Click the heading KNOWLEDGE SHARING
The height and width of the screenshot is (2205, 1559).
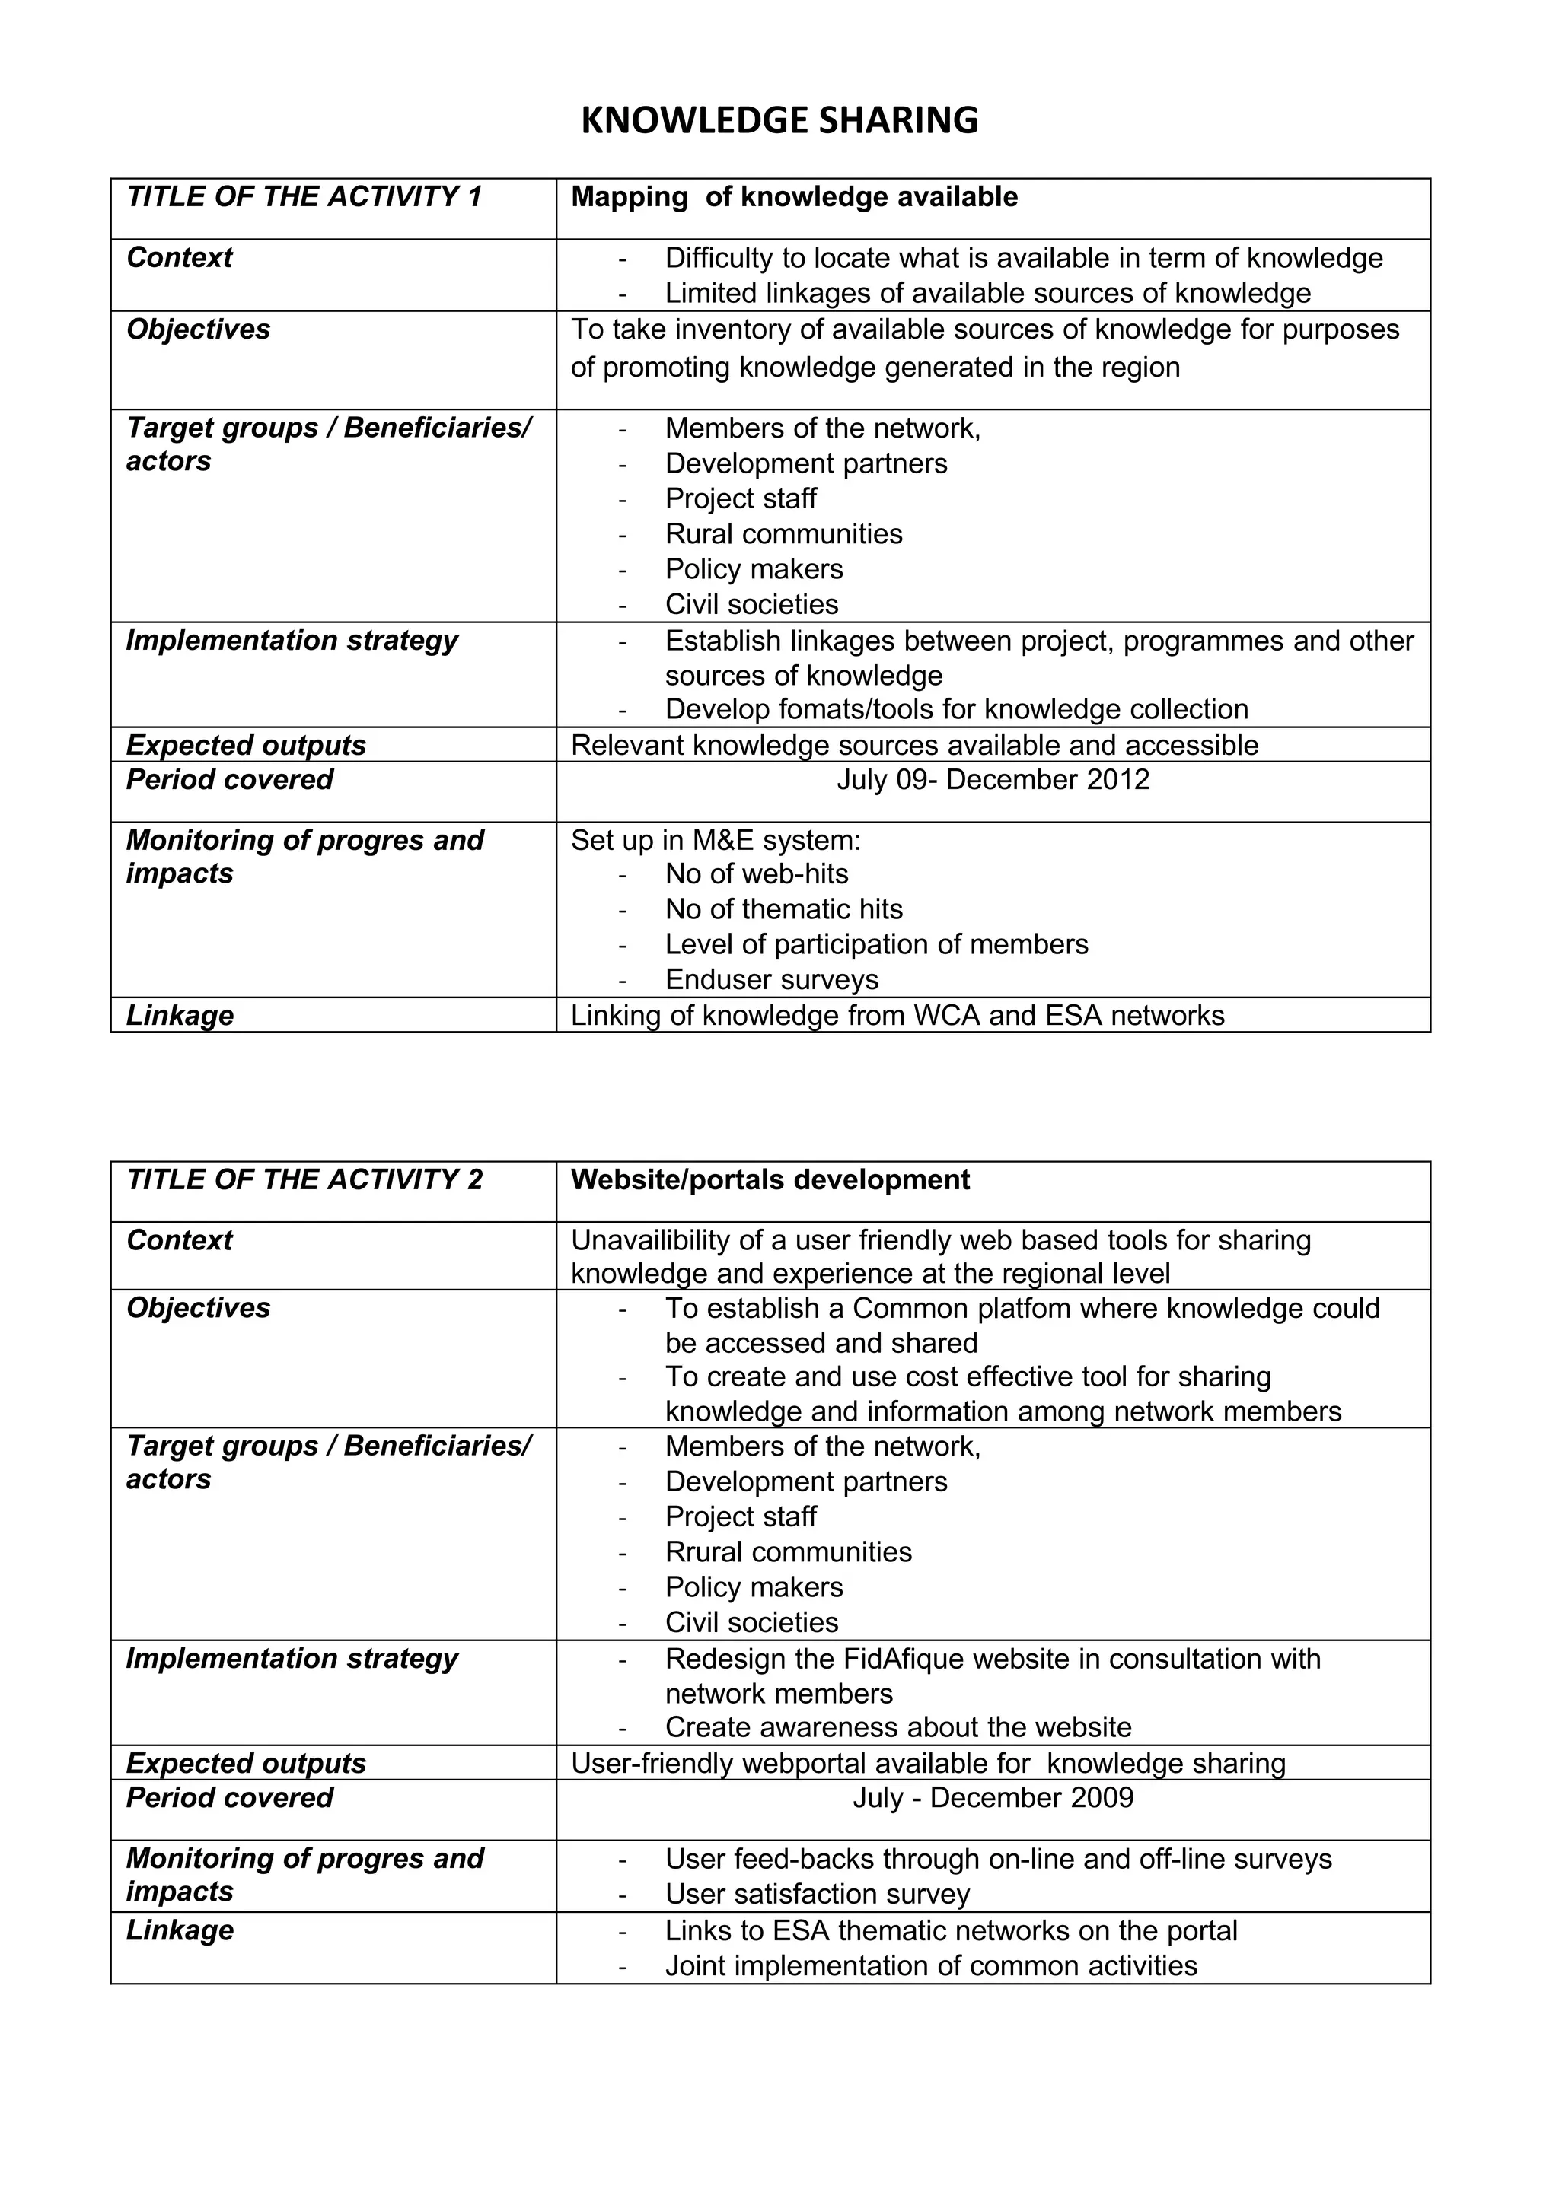[x=779, y=121]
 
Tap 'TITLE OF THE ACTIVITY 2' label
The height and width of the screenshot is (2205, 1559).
[x=304, y=1179]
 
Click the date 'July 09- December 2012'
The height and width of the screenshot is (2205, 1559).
[x=993, y=779]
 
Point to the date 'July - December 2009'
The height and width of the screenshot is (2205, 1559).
[x=993, y=1798]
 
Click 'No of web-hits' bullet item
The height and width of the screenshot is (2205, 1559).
[x=756, y=874]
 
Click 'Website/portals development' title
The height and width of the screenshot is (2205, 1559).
[x=770, y=1179]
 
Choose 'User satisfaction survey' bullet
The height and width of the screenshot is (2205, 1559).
[x=818, y=1894]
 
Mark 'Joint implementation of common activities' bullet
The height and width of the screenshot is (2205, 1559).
[x=931, y=1966]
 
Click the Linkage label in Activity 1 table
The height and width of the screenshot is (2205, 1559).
[x=180, y=1015]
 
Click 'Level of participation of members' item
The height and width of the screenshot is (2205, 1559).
[x=876, y=944]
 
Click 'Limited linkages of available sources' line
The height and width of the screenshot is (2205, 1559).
[x=987, y=293]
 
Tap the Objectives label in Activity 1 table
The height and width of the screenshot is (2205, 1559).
[x=198, y=329]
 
